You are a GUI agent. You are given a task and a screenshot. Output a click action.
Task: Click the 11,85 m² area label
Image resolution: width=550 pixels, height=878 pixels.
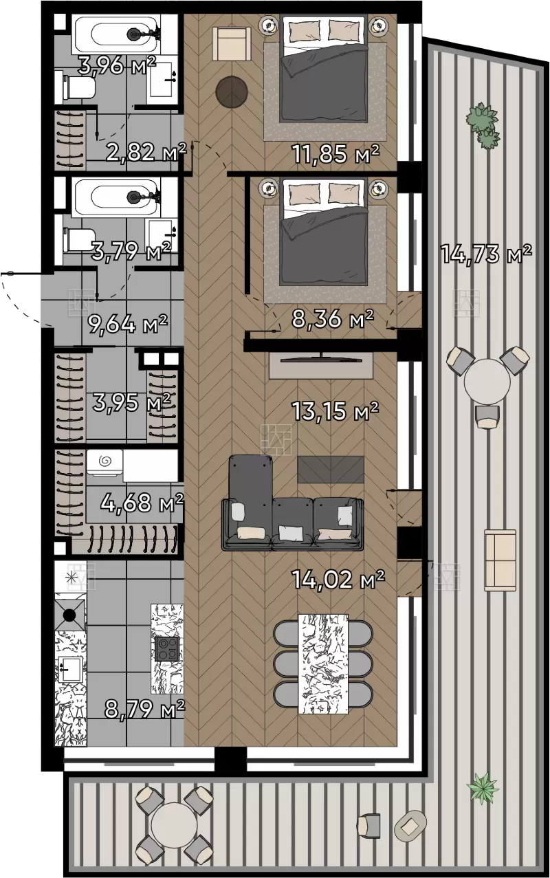coord(336,153)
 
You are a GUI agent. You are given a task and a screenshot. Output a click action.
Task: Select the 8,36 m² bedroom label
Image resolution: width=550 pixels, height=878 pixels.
coord(333,318)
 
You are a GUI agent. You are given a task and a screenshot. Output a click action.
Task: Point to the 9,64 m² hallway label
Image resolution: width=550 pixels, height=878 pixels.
coord(128,323)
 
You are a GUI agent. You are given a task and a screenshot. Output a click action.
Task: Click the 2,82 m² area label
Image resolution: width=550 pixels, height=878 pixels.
coord(146,152)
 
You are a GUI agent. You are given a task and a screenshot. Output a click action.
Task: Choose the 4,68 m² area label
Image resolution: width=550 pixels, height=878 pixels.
coord(142,502)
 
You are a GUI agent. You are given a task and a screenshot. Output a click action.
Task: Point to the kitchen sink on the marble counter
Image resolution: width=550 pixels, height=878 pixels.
coord(70,670)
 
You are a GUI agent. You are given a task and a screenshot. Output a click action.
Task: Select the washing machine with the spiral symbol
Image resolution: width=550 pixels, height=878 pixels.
coord(104,463)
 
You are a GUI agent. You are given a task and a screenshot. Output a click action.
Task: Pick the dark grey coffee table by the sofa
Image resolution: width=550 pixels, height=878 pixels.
coord(331,470)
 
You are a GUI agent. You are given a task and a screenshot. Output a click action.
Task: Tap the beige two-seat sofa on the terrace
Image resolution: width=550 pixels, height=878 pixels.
coord(500,560)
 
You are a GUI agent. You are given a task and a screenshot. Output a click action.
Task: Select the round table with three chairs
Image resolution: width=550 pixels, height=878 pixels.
coord(487,381)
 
